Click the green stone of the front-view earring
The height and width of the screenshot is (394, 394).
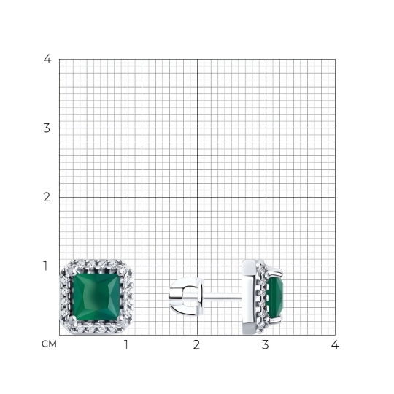click(97, 297)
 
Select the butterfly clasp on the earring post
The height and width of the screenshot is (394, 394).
click(187, 296)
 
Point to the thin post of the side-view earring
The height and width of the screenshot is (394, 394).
click(223, 297)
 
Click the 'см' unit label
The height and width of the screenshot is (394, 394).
click(50, 344)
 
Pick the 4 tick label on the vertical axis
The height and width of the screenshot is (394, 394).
click(47, 59)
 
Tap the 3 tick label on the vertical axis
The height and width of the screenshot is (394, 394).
click(47, 128)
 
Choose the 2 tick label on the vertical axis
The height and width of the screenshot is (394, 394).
click(47, 197)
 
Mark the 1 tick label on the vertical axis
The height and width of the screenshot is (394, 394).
click(45, 266)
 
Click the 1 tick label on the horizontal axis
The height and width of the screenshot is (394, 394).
click(126, 344)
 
